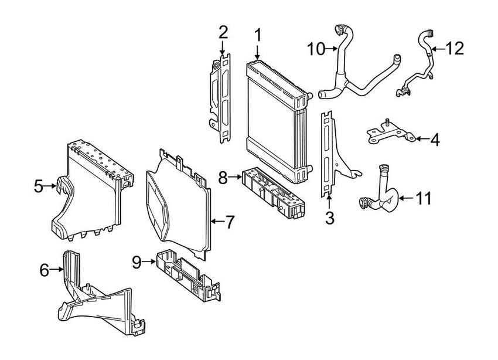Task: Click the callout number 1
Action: point(258,36)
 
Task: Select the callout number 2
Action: point(223,32)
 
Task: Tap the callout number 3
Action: point(330,218)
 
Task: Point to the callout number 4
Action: point(435,139)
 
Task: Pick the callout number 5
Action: point(39,186)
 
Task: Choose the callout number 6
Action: point(45,270)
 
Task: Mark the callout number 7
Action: point(229,222)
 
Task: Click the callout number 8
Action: point(223,178)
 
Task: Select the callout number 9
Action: point(137,262)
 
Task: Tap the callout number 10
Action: point(316,49)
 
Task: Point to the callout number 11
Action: point(424,198)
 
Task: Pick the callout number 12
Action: point(455,49)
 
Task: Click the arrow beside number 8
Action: point(236,178)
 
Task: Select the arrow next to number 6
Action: point(57,270)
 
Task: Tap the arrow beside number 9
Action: point(149,262)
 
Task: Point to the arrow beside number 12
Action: point(438,49)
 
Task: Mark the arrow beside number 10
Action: point(332,49)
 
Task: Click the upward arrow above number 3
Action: point(329,202)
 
